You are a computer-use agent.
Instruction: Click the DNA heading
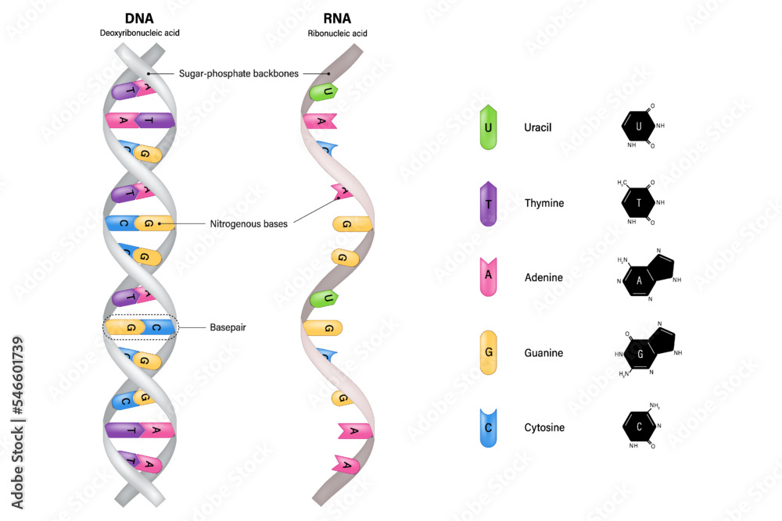click(x=140, y=18)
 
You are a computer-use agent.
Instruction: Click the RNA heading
click(x=338, y=18)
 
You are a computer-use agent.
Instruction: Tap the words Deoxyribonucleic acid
click(x=140, y=34)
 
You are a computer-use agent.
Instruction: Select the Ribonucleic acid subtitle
click(x=338, y=34)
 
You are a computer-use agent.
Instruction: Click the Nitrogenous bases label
click(x=249, y=223)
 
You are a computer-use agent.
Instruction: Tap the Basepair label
click(x=228, y=327)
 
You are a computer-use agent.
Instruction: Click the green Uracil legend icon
click(x=489, y=127)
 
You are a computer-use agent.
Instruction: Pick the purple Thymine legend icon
click(x=489, y=203)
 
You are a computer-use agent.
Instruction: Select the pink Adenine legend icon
click(x=489, y=277)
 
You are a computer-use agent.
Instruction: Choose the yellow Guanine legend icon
click(x=489, y=353)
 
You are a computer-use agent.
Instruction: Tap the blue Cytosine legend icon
click(x=489, y=427)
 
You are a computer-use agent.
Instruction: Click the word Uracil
click(x=538, y=127)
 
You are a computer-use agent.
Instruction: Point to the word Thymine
click(x=544, y=203)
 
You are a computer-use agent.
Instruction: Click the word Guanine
click(x=543, y=353)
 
